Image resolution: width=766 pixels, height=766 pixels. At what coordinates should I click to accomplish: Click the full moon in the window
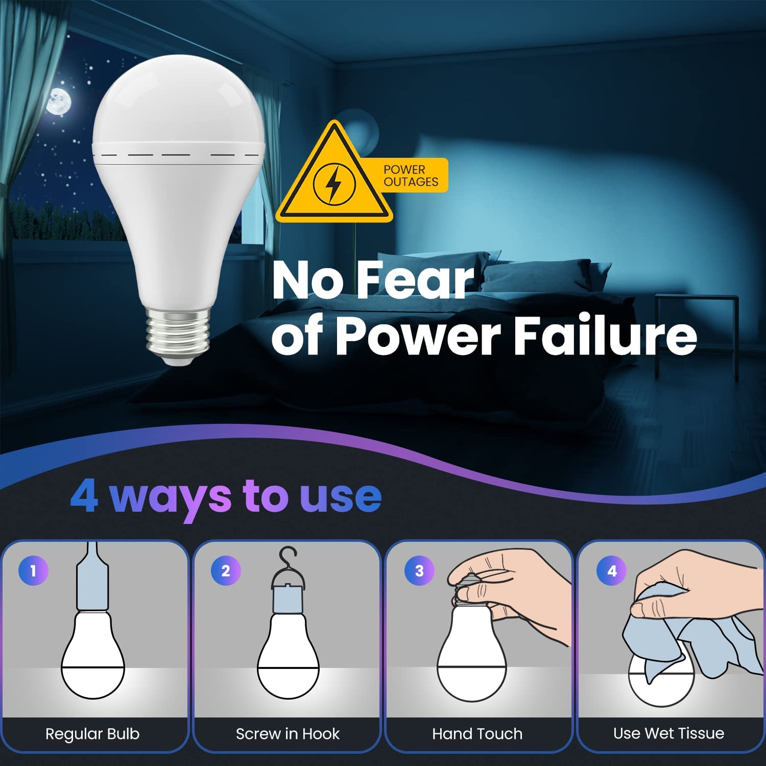pos(59,101)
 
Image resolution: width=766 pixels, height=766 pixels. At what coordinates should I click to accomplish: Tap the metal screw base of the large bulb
pos(178,334)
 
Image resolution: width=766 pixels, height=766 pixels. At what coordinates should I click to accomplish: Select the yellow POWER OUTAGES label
pos(411,176)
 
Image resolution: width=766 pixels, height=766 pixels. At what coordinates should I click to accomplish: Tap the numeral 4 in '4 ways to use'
pos(84,496)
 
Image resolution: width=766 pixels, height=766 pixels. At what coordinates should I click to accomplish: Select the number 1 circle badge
pos(33,570)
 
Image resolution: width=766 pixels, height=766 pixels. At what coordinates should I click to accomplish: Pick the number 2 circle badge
pos(226,570)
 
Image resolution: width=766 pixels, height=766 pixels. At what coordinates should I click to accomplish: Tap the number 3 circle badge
pos(419,570)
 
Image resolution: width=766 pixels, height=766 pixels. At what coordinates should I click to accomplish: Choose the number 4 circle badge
pos(612,570)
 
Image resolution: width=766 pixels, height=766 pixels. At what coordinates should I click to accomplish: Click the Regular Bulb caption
pos(92,734)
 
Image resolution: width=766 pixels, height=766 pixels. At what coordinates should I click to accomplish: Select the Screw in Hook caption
pos(288,734)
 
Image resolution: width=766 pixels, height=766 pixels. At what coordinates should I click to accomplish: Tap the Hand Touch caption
pos(477,734)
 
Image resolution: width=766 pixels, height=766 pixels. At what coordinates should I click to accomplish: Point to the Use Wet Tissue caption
pos(668,733)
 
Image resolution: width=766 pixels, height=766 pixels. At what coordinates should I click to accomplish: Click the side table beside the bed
pos(697,327)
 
